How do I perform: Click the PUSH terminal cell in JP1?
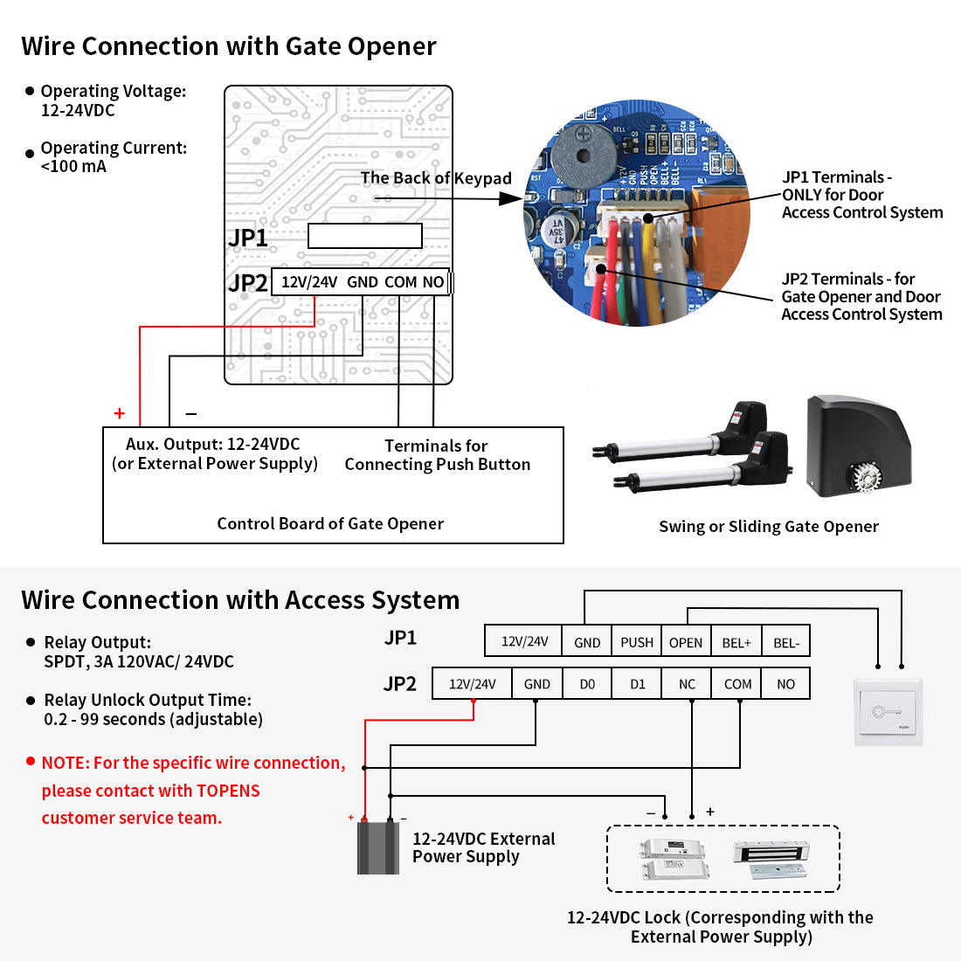(636, 642)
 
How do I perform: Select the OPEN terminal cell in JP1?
(686, 642)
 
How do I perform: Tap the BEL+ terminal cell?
(736, 642)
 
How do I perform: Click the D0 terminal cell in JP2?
(587, 684)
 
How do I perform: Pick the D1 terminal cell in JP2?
(638, 684)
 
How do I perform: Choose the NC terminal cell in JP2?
(687, 684)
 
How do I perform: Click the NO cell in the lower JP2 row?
(786, 684)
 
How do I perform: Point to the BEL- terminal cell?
(786, 642)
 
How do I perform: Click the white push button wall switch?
(888, 711)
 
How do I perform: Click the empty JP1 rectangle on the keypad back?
(364, 236)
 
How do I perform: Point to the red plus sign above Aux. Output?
(120, 414)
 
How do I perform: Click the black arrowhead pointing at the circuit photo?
(510, 198)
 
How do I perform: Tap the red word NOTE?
(66, 763)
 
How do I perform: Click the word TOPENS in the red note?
(228, 791)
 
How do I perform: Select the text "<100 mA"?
(73, 167)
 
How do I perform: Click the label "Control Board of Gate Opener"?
(330, 524)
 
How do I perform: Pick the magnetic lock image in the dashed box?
(771, 858)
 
